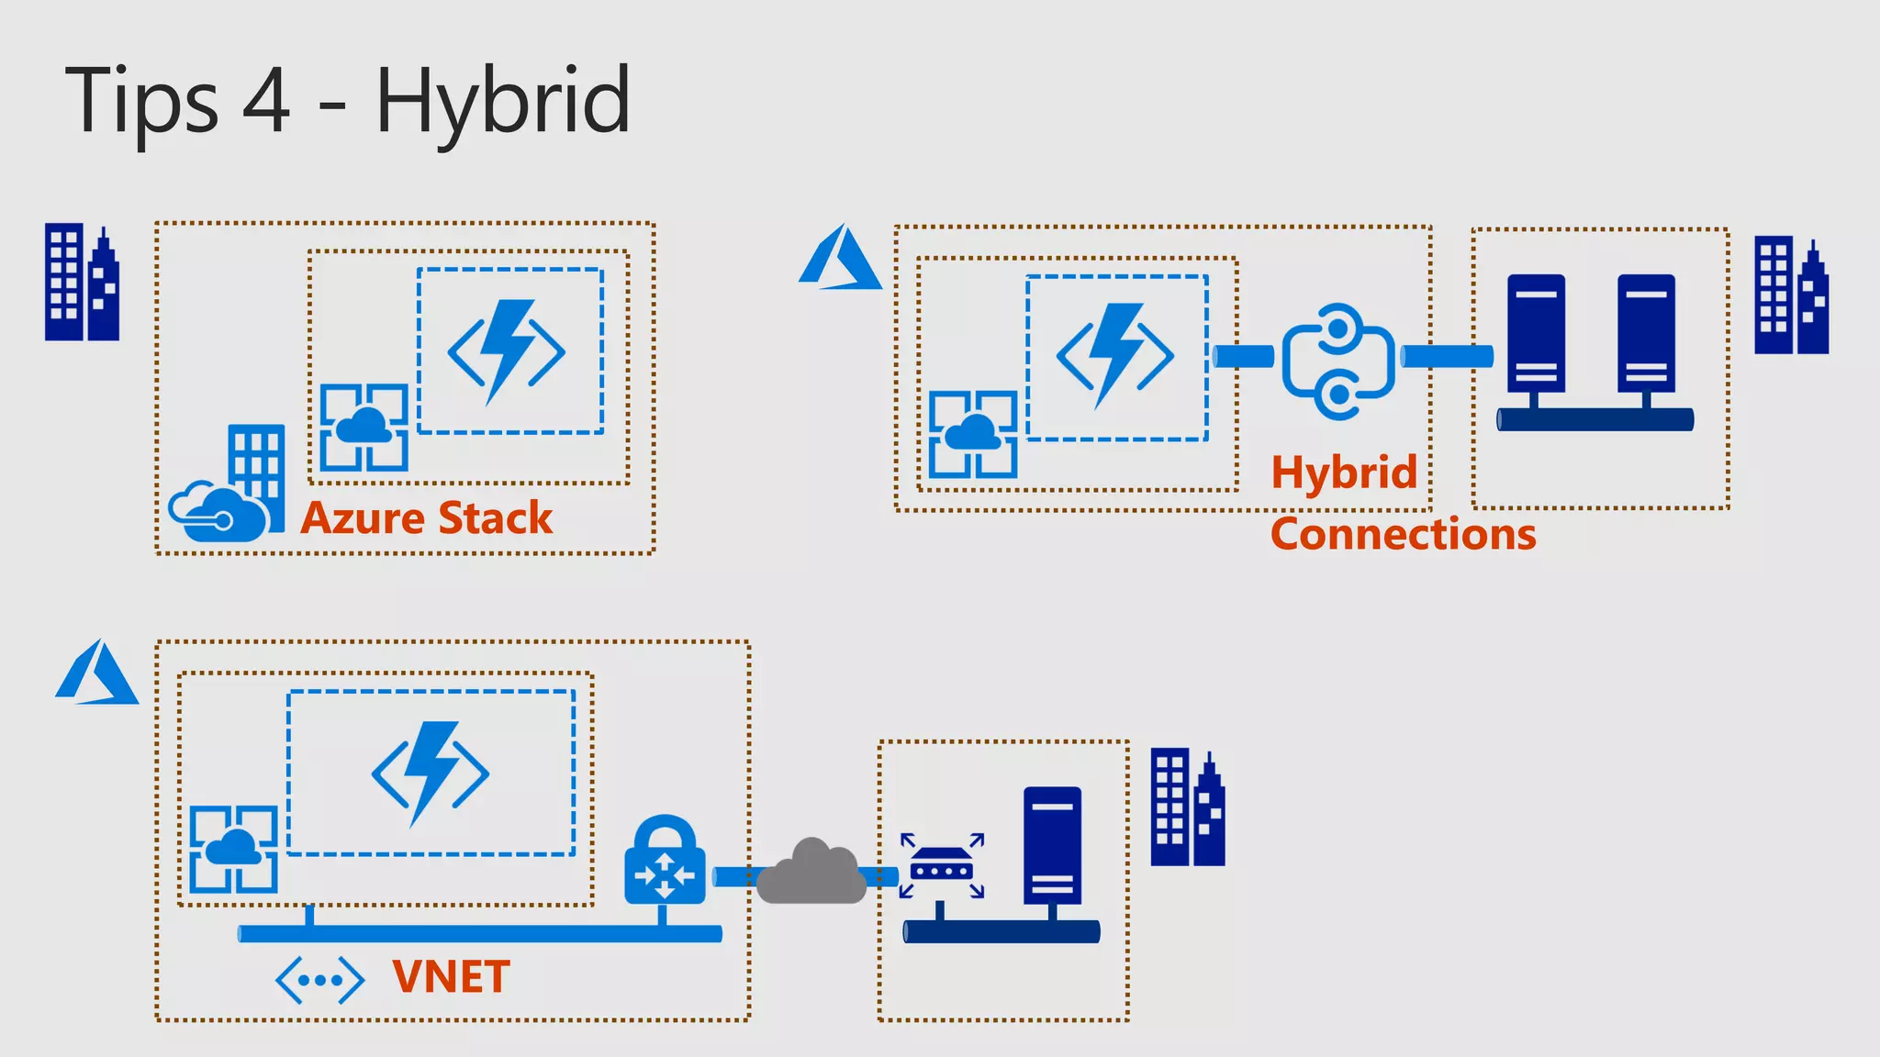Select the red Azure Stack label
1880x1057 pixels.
(x=427, y=518)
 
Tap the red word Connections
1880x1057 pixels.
(x=1403, y=534)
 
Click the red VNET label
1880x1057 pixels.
(x=451, y=977)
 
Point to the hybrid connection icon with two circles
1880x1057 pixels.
(x=1338, y=362)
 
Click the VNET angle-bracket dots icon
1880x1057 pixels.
(x=319, y=980)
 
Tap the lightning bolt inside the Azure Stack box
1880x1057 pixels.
(x=507, y=351)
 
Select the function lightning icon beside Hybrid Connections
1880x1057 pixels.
(x=1115, y=356)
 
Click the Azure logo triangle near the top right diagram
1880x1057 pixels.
(x=840, y=259)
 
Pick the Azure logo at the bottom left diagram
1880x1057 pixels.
(x=97, y=673)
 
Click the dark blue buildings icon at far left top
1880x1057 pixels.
(x=83, y=283)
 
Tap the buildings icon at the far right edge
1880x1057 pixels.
(x=1791, y=295)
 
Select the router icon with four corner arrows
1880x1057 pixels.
(x=942, y=865)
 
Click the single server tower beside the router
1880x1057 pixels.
(x=1052, y=847)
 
